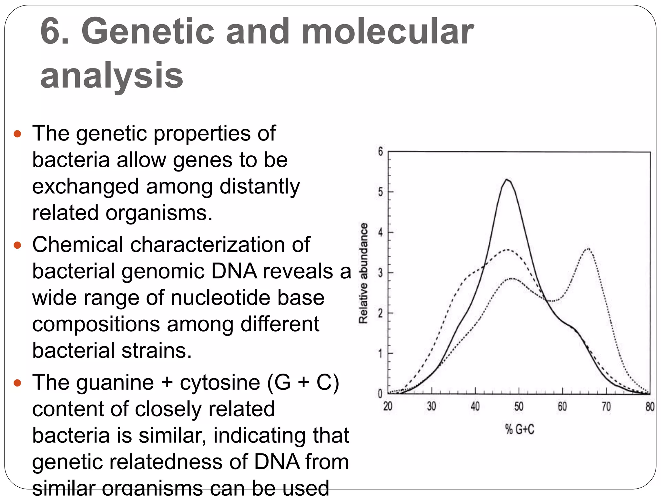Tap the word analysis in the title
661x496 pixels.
[112, 76]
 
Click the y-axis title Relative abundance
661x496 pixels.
[364, 273]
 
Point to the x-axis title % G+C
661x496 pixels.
[520, 429]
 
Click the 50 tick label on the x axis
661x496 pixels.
[519, 407]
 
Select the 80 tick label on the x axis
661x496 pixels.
[650, 407]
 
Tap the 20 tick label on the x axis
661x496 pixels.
[388, 407]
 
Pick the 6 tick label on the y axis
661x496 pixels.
[381, 151]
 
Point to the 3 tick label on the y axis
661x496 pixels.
[381, 273]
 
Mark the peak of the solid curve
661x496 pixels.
[507, 180]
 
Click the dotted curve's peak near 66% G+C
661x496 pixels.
[588, 249]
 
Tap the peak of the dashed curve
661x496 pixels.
[507, 250]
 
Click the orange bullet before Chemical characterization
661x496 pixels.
[17, 245]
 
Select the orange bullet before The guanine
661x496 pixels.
[17, 383]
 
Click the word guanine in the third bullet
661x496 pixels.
[115, 383]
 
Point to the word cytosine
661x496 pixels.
[220, 383]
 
